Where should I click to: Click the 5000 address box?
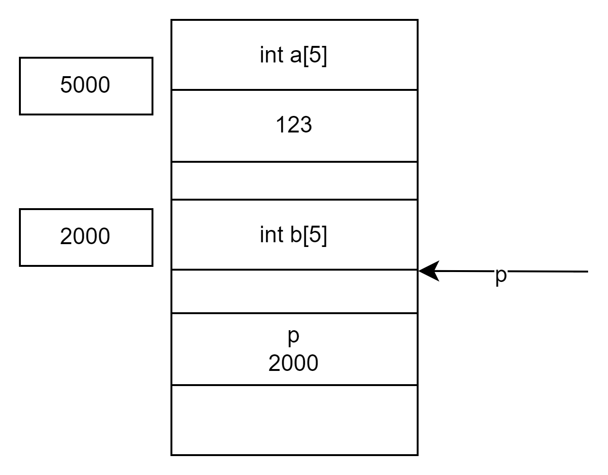tap(86, 86)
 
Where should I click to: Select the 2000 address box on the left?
tap(86, 237)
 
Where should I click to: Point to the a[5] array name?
tap(307, 56)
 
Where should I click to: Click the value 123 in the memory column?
tap(294, 125)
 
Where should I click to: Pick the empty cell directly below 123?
tap(294, 181)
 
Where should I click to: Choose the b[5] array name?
tap(308, 235)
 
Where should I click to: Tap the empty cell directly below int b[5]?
tap(294, 291)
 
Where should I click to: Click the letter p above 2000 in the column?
tap(294, 336)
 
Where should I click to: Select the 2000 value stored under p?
tap(294, 363)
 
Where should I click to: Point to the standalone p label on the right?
tap(501, 275)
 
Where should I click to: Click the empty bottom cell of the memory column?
tap(294, 420)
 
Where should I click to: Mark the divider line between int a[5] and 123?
tap(294, 89)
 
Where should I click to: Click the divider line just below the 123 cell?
tap(294, 162)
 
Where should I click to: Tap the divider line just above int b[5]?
tap(294, 200)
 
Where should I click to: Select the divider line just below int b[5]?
tap(294, 270)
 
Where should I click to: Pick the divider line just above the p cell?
tap(294, 313)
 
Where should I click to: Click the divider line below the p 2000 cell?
tap(294, 385)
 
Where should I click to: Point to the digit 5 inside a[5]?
tap(313, 56)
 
